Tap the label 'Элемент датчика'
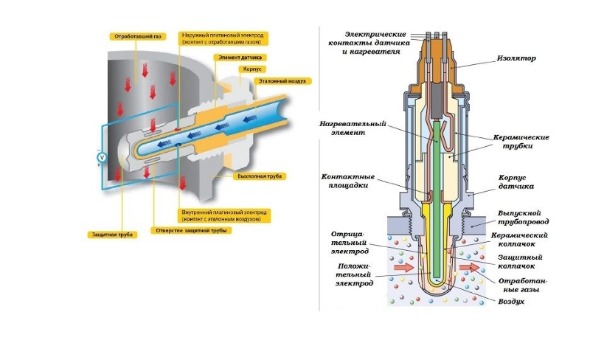(x=240, y=57)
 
